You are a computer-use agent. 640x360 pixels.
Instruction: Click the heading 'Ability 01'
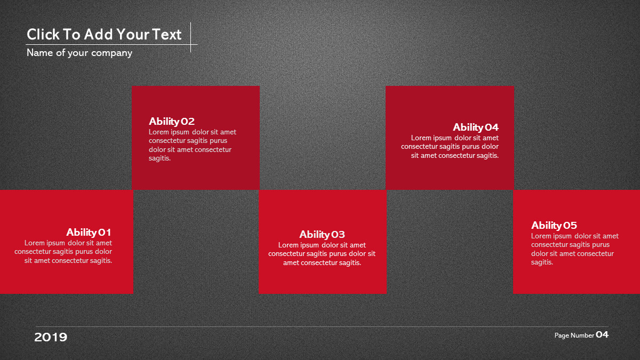[x=89, y=233]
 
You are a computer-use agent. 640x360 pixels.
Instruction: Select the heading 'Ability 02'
[x=171, y=122]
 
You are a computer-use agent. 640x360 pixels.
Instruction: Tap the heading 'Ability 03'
[x=322, y=235]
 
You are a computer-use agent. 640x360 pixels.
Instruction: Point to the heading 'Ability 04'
[x=476, y=127]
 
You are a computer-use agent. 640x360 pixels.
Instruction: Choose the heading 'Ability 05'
[x=554, y=226]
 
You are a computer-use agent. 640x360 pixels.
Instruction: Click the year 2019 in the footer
[x=51, y=338]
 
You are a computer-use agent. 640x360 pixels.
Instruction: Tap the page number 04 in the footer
[x=602, y=334]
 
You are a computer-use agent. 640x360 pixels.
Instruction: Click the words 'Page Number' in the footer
[x=574, y=335]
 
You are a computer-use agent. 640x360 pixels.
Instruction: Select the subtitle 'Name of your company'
[x=79, y=53]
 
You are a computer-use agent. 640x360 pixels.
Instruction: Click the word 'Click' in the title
[x=43, y=34]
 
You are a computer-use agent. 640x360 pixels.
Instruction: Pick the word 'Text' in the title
[x=166, y=34]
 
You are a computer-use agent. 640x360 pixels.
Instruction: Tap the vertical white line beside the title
[x=190, y=37]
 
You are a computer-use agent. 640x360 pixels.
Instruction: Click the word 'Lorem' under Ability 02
[x=158, y=132]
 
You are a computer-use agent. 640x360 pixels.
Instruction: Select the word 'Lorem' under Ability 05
[x=541, y=236]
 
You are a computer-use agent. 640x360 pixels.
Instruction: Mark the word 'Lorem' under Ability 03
[x=289, y=245]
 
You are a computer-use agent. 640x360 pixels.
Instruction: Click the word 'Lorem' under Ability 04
[x=421, y=138]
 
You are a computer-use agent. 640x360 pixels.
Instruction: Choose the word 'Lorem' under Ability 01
[x=34, y=243]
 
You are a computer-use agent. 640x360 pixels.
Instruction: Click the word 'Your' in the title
[x=133, y=34]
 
